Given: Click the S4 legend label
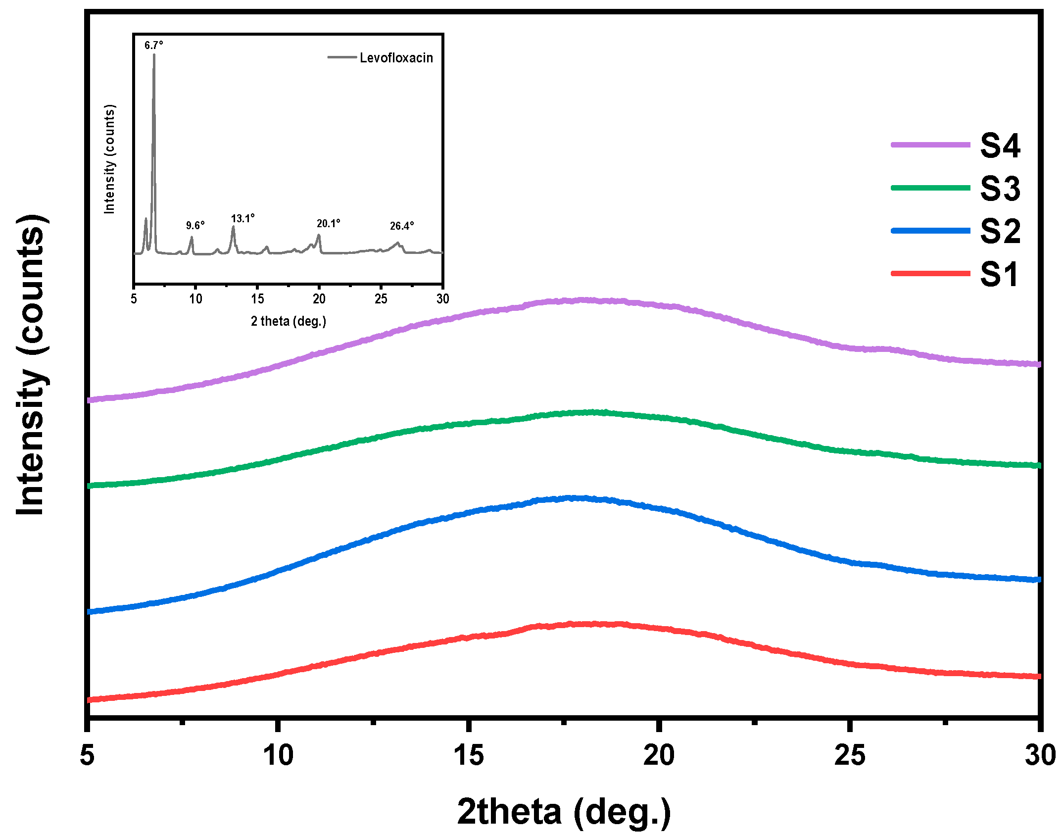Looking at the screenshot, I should pos(1000,146).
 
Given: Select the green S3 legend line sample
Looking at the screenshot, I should pos(930,188).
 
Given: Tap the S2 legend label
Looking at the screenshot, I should pos(1000,231).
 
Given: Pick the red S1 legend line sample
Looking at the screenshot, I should pos(930,273).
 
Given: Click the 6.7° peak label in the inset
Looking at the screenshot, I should pos(153,46).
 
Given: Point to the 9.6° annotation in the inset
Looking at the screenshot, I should pos(195,226).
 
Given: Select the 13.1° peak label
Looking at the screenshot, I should pos(242,218).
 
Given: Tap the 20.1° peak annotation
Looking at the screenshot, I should pos(328,224).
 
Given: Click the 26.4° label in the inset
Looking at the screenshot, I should pos(401,226).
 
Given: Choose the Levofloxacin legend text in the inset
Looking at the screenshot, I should pos(396,58).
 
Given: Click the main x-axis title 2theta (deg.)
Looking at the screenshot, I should pos(564,812).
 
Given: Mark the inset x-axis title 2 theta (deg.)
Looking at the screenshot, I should pos(289,321).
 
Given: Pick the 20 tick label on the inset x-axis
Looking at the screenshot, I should pos(319,299).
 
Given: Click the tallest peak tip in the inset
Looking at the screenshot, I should pos(154,54).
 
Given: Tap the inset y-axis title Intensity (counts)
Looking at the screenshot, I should pos(109,159).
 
